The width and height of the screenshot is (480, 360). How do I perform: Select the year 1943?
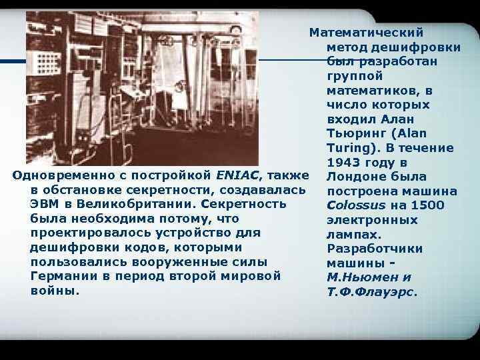point(343,163)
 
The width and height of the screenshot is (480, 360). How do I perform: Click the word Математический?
point(366,32)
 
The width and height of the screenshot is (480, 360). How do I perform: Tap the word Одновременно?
point(58,175)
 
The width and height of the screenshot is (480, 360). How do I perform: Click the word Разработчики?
point(374,249)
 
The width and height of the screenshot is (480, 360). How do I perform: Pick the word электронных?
point(372,220)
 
